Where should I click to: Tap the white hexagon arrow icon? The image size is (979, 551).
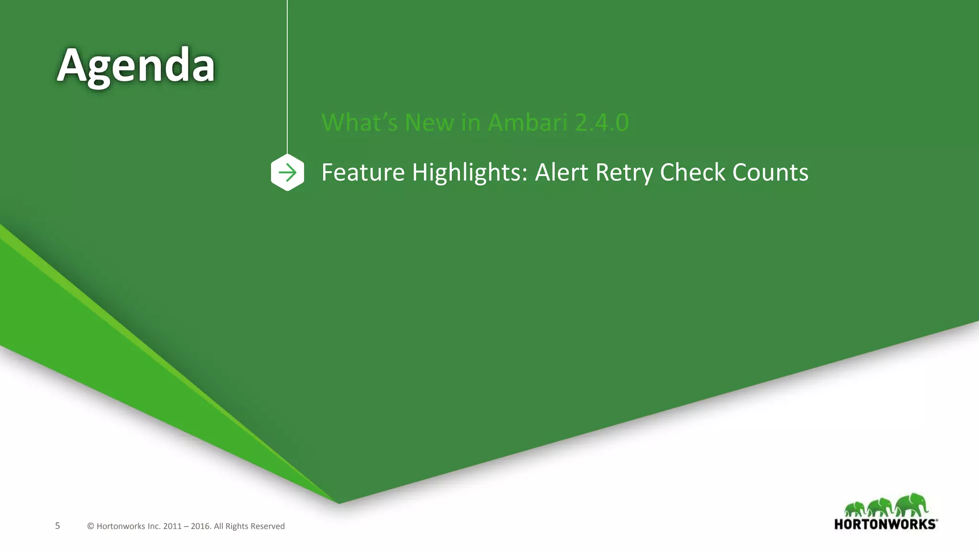coord(287,172)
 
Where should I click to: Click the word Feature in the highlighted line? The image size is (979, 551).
coord(363,172)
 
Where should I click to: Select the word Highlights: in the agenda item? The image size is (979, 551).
coord(469,172)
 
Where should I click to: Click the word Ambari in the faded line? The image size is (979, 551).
coord(527,122)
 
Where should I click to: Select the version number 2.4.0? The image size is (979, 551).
coord(602,122)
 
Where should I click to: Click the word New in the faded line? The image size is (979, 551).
coord(429,122)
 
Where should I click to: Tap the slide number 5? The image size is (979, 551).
coord(57,526)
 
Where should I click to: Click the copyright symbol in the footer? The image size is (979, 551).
coord(90,527)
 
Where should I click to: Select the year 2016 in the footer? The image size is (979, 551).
coord(200,527)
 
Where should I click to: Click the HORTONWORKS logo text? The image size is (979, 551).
coord(885,524)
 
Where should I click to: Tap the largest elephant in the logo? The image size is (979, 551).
coord(912,505)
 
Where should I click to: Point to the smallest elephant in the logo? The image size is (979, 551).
coord(855,509)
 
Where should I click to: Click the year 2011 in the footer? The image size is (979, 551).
coord(172,527)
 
